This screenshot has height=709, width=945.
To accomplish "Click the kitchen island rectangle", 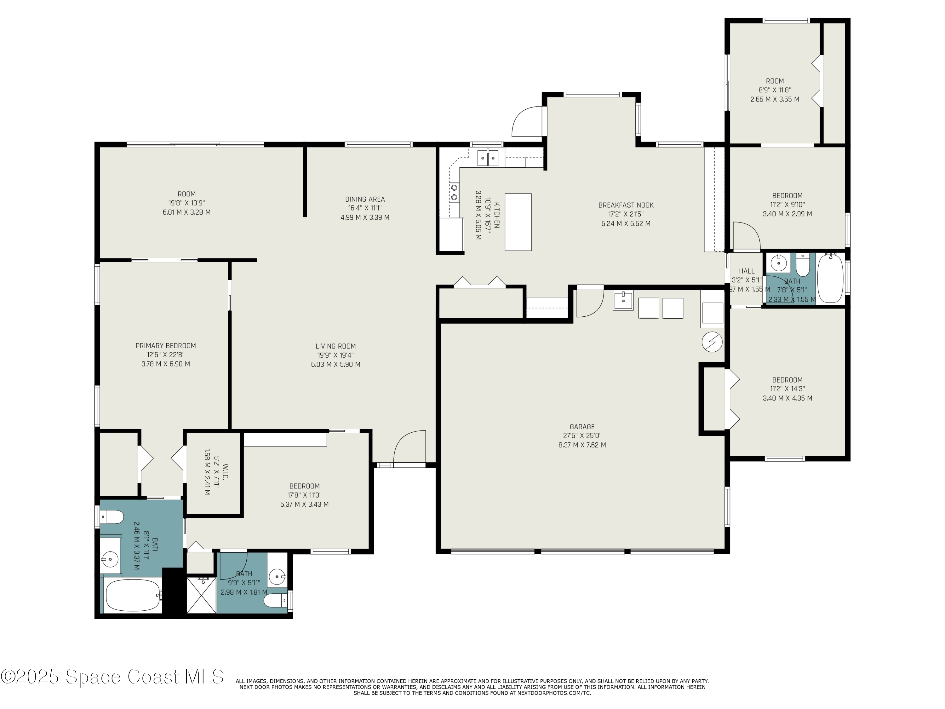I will point(518,222).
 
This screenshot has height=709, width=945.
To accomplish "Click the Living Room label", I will point(335,346).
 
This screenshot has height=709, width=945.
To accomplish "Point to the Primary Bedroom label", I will point(166,346).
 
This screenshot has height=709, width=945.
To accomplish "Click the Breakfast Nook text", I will point(626,205).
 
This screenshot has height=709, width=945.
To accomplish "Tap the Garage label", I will point(582,427).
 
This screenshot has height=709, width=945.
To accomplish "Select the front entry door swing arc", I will point(409,447).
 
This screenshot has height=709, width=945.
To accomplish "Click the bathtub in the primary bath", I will point(132,595).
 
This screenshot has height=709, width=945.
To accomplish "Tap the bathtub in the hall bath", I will point(830,279).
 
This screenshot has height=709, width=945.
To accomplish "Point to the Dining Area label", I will point(365,199).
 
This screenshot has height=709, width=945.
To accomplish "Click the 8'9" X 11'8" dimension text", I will point(775,90).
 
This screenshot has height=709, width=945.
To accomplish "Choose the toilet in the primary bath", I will point(111,517).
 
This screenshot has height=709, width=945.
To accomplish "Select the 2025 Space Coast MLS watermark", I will point(112,677).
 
